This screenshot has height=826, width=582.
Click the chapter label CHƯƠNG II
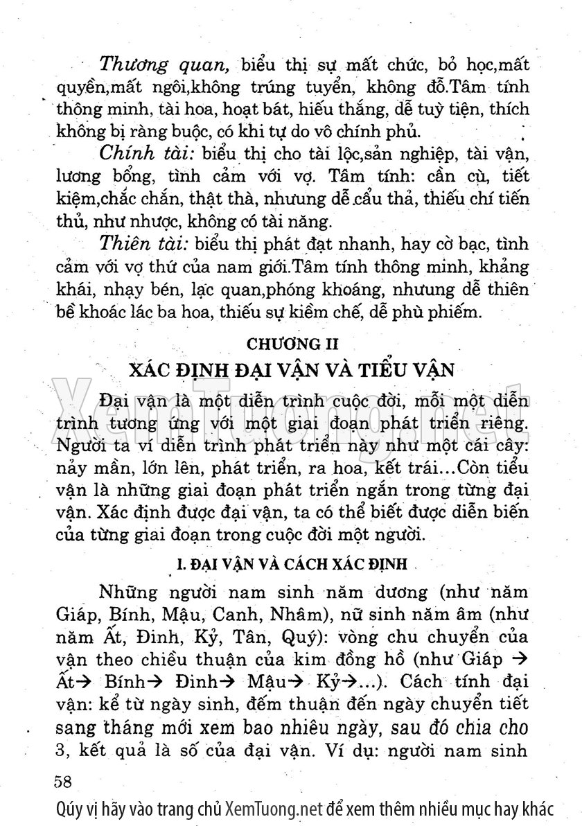point(291,342)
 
